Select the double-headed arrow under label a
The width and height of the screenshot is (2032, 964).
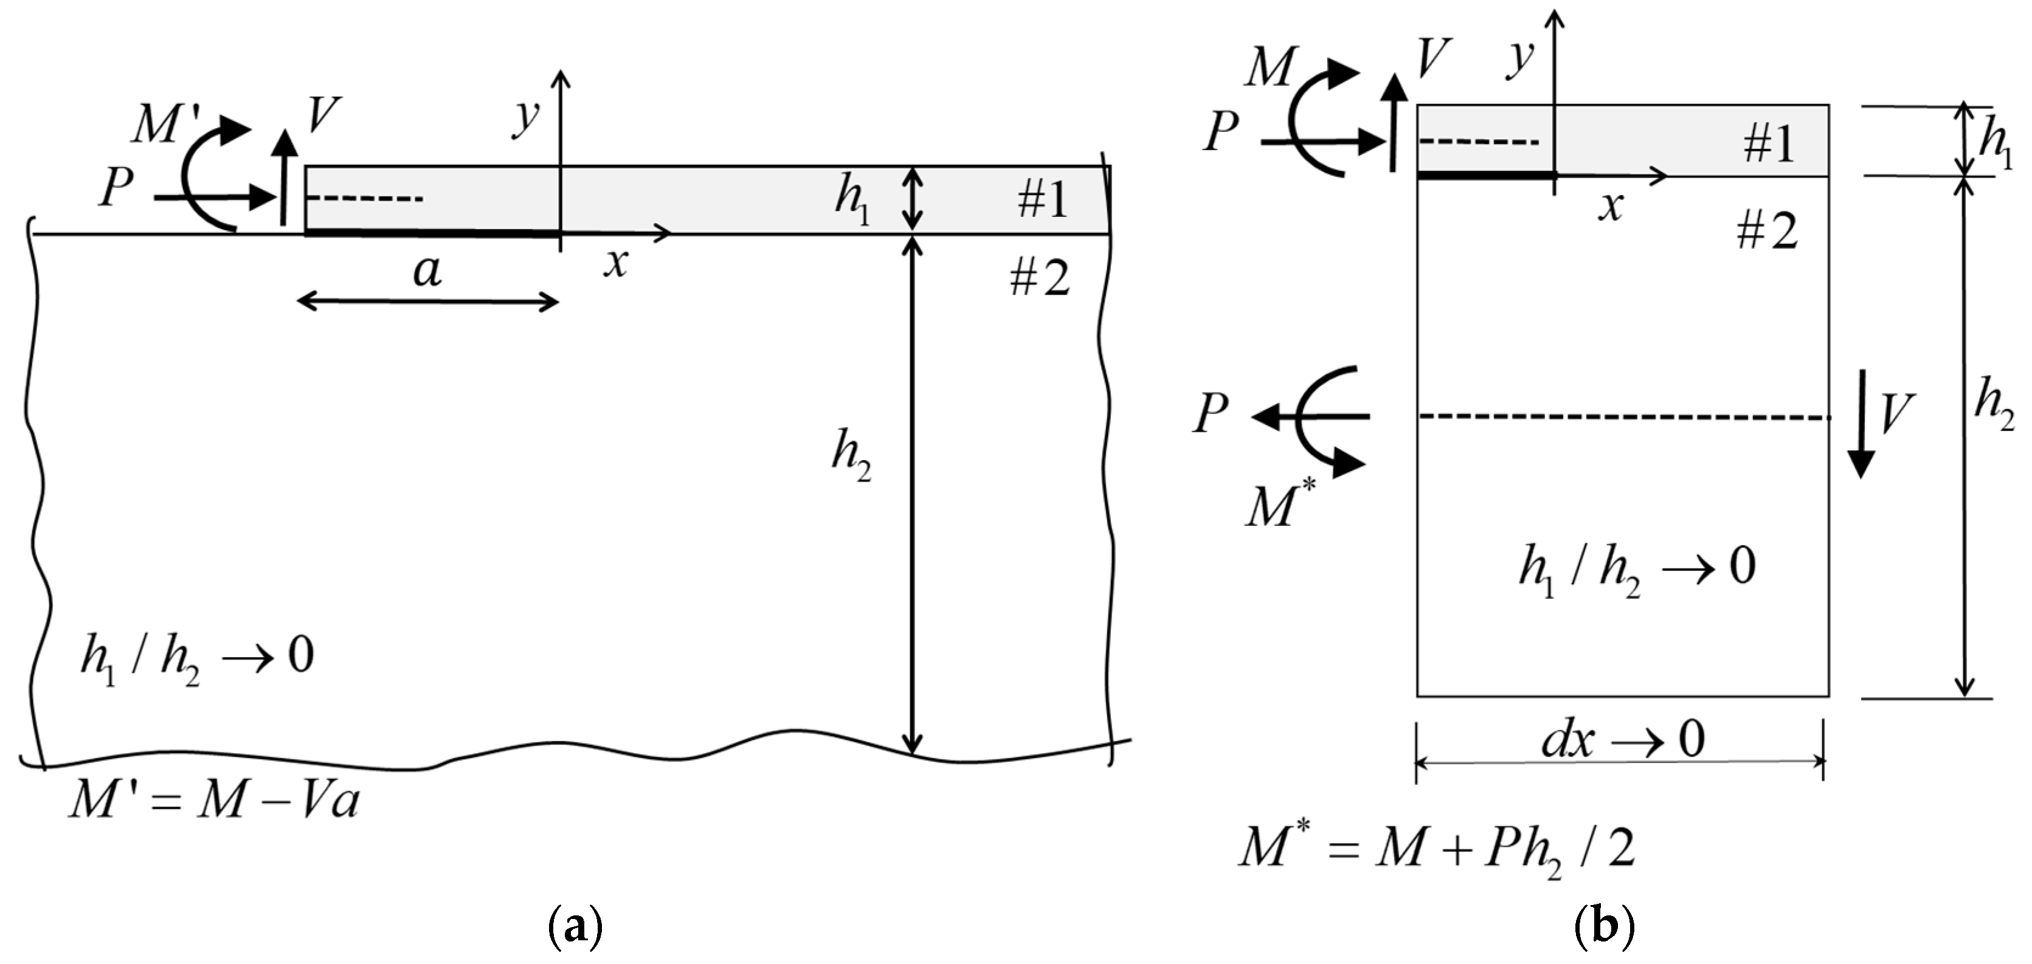point(427,301)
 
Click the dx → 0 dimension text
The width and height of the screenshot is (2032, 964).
point(1623,740)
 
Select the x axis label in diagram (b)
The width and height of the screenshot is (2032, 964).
point(1611,207)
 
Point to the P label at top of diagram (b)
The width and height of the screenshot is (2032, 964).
point(1221,131)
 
